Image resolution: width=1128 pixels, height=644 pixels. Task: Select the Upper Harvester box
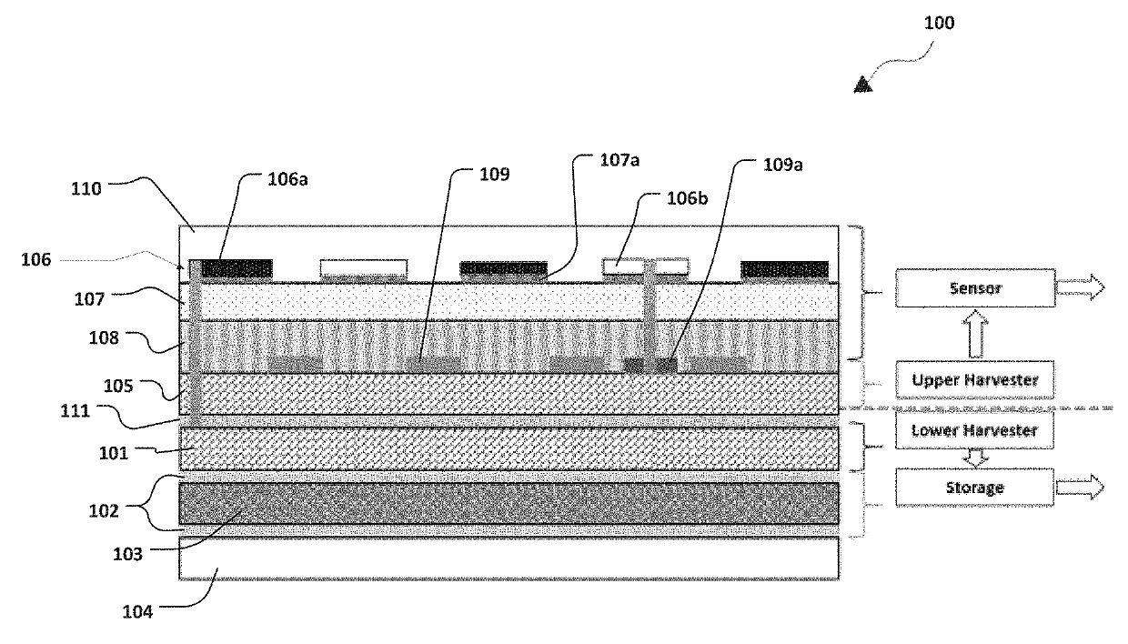coord(974,379)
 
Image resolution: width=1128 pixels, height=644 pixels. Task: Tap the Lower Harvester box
coord(974,430)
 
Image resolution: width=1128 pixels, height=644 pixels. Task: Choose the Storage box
coord(974,487)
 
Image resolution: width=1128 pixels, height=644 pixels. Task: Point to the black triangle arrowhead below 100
coord(862,86)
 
